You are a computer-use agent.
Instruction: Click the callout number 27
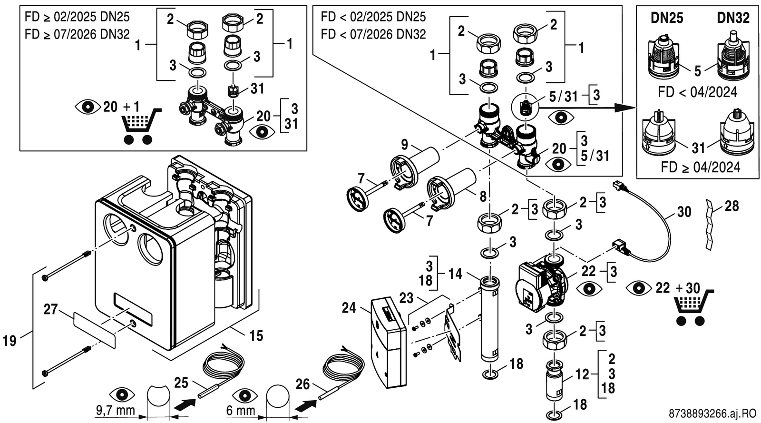click(50, 309)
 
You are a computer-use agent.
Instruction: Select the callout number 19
click(10, 340)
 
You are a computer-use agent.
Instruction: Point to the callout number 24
click(349, 308)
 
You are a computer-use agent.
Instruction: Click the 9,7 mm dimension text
click(116, 411)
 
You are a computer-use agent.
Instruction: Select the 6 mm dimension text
click(241, 411)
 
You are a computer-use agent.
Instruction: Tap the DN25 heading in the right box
click(667, 18)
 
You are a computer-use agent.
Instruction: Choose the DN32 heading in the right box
click(733, 18)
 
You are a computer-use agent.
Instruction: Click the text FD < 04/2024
click(697, 92)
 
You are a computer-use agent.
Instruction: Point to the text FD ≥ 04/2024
click(700, 167)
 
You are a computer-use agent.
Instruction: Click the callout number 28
click(732, 206)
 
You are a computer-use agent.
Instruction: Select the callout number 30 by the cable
click(684, 212)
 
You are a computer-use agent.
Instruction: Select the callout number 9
click(404, 145)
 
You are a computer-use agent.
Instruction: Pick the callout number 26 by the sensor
click(302, 384)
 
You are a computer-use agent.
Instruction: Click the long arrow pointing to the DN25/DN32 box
click(587, 108)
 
